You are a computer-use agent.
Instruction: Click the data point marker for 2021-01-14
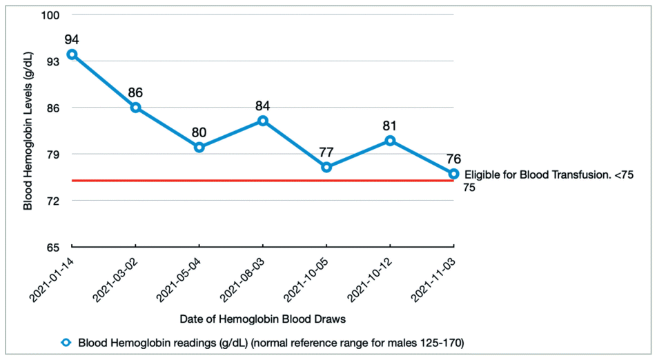click(72, 54)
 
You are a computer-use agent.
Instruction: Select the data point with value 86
click(136, 108)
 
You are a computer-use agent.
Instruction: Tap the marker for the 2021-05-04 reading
click(199, 148)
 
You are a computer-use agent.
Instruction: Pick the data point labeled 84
click(263, 121)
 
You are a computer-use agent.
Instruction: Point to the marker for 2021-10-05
click(326, 168)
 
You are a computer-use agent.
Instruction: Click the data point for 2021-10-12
click(390, 141)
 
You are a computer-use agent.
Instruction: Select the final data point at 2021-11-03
click(453, 174)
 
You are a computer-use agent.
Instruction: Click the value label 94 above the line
click(72, 39)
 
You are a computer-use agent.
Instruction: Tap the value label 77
click(326, 152)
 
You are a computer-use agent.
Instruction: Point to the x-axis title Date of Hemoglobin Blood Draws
click(262, 320)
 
